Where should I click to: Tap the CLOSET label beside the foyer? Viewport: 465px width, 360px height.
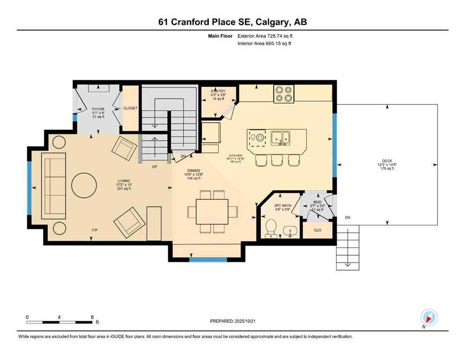pyautogui.click(x=131, y=108)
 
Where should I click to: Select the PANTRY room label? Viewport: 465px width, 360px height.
pyautogui.click(x=218, y=91)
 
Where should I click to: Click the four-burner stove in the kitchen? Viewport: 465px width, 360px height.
pyautogui.click(x=283, y=93)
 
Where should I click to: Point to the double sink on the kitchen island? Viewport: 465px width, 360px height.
pyautogui.click(x=280, y=138)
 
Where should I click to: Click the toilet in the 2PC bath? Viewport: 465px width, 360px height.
pyautogui.click(x=271, y=229)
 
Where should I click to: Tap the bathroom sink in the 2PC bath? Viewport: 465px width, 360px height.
pyautogui.click(x=290, y=231)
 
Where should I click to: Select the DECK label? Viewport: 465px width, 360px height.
pyautogui.click(x=387, y=161)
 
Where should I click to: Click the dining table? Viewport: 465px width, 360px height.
pyautogui.click(x=212, y=211)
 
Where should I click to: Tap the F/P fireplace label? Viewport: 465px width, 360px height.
pyautogui.click(x=95, y=230)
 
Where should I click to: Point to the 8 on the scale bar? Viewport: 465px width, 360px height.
pyautogui.click(x=92, y=317)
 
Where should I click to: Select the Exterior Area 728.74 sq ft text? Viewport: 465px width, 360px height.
pyautogui.click(x=266, y=36)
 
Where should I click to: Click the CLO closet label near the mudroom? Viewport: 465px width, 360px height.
pyautogui.click(x=317, y=230)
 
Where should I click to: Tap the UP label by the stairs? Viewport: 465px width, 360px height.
pyautogui.click(x=154, y=166)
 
